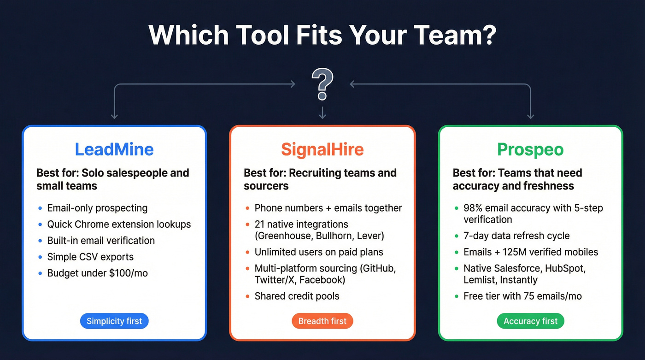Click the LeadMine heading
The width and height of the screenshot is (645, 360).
click(114, 149)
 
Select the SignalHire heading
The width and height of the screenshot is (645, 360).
click(322, 149)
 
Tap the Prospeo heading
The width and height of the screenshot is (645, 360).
click(530, 150)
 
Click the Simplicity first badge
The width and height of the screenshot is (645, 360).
click(114, 321)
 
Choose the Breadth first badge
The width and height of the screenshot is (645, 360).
click(322, 321)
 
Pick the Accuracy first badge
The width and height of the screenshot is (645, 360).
click(530, 321)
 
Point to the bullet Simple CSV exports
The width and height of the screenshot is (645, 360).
click(90, 257)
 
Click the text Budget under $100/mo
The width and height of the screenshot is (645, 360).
click(97, 273)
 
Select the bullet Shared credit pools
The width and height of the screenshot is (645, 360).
click(297, 296)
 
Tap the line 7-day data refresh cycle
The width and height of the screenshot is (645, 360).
click(516, 236)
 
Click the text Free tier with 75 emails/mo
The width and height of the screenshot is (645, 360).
click(522, 296)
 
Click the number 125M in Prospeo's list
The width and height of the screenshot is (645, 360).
click(512, 252)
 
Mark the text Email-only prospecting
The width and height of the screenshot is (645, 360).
click(97, 208)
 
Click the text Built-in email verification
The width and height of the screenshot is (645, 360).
click(101, 241)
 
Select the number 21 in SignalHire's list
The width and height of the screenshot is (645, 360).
click(259, 224)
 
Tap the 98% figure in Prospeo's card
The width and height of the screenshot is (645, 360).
click(474, 208)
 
